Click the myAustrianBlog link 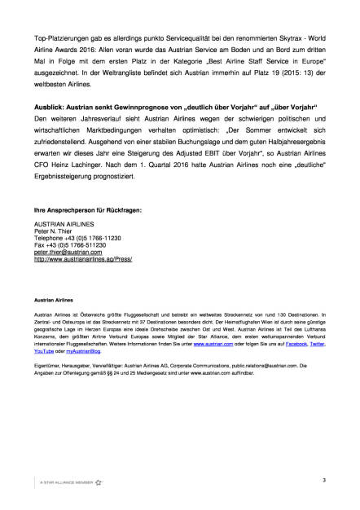(x=83, y=351)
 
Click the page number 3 (x=323, y=482)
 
